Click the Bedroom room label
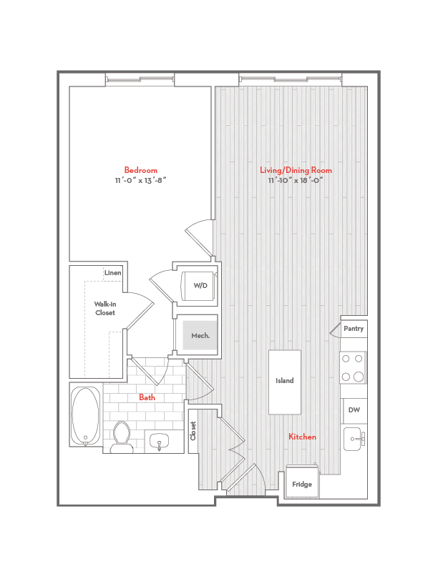(140, 170)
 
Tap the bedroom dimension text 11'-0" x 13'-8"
(140, 181)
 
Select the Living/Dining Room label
(296, 170)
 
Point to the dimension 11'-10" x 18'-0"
(296, 181)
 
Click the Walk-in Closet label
(104, 308)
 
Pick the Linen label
(112, 273)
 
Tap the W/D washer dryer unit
(200, 285)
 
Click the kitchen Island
(285, 382)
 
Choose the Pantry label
(354, 329)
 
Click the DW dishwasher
(354, 410)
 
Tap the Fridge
(302, 484)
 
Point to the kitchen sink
(354, 439)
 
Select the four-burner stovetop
(354, 368)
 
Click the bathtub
(86, 416)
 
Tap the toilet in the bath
(122, 437)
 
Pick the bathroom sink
(158, 442)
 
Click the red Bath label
(147, 397)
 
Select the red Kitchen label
(302, 437)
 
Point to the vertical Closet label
(193, 431)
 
